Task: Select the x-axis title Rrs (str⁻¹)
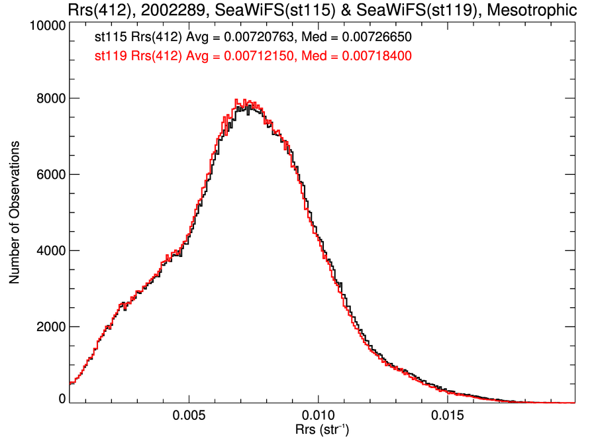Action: pos(322,431)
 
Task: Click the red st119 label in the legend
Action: pos(109,56)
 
